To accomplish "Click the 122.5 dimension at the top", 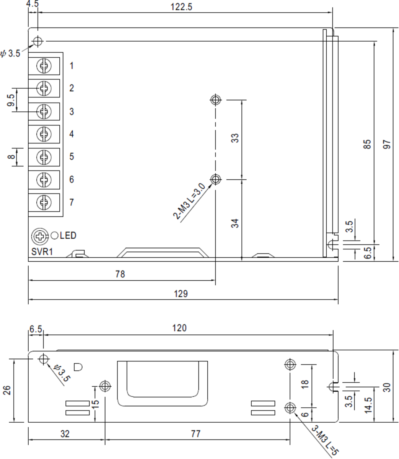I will [x=181, y=7].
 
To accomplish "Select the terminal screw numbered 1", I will [x=44, y=66].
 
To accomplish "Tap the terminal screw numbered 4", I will [x=44, y=134].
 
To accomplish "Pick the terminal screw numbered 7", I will [x=44, y=202].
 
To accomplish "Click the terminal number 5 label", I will [x=72, y=156].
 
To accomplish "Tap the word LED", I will [x=68, y=236].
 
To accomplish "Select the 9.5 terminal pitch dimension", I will [x=11, y=100].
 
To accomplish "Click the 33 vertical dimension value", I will [x=236, y=138].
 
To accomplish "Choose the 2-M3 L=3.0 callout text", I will [x=189, y=202].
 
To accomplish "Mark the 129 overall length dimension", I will [x=181, y=294].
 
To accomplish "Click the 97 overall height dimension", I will [x=387, y=144].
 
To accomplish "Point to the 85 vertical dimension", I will [x=367, y=144].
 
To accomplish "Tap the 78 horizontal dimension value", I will [x=120, y=274].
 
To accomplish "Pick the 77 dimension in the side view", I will [x=195, y=434].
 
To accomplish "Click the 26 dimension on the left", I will [x=7, y=390].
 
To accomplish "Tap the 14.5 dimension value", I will [x=368, y=405].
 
